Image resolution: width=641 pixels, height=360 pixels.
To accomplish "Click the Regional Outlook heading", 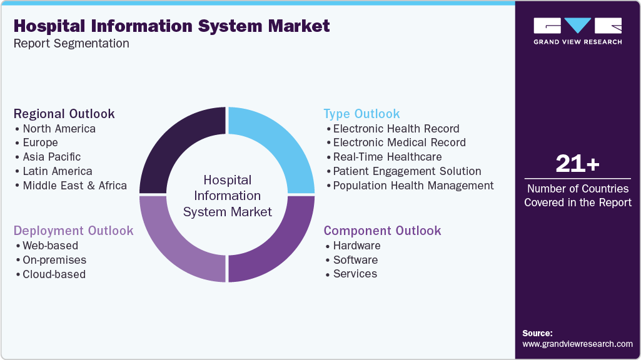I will (x=64, y=114).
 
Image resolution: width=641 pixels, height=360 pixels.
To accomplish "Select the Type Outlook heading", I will (x=361, y=114).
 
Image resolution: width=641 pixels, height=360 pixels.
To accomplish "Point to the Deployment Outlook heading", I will (x=73, y=231).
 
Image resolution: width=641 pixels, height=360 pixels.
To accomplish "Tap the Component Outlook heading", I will (x=382, y=231).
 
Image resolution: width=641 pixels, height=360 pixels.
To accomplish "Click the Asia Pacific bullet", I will (x=51, y=157).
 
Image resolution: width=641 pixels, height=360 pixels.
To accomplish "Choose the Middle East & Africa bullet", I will (x=74, y=186).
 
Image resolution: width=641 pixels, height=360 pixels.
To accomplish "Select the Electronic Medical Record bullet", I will (x=399, y=142).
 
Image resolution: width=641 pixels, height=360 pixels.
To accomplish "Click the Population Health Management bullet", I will (x=413, y=186).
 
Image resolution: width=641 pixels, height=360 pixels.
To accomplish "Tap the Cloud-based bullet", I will (x=54, y=274).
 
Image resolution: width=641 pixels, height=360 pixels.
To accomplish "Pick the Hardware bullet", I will (x=356, y=246).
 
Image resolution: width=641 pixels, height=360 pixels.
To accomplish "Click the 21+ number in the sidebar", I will (x=577, y=164).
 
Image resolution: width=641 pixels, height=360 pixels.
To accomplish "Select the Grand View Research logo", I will (x=577, y=31).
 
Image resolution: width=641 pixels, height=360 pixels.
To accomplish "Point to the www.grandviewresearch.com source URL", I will (x=577, y=344).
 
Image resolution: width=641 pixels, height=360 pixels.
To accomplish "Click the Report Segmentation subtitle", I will (x=71, y=44).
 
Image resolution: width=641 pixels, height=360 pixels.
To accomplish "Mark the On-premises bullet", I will (x=54, y=260).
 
